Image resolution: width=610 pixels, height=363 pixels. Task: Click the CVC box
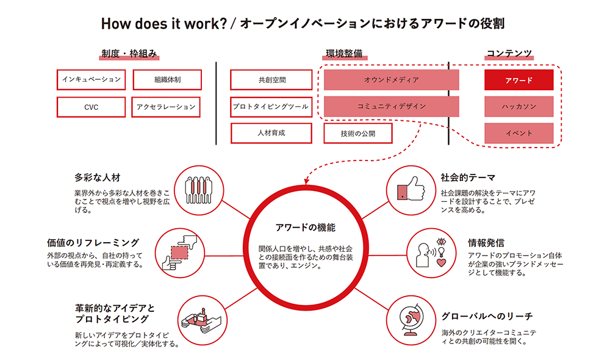coord(91,107)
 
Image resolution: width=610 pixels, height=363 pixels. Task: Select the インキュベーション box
coord(91,80)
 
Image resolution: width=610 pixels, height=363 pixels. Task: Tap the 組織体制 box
coord(167,80)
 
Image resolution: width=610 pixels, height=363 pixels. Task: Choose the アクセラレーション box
coord(166,107)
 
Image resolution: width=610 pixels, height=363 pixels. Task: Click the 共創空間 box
coord(271,80)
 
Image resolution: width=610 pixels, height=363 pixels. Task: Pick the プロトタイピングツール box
coord(271,107)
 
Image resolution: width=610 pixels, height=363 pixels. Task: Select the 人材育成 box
coord(271,133)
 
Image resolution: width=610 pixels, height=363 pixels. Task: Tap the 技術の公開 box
coord(358,134)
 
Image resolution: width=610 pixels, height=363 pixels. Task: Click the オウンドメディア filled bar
coord(392,80)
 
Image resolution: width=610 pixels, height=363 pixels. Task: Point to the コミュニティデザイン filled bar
coord(392,107)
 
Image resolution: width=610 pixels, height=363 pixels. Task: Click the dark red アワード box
coord(519,80)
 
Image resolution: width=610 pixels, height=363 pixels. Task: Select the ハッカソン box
coord(519,107)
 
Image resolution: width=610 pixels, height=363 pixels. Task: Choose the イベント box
coord(519,133)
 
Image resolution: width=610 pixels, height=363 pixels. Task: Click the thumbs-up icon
coord(411,189)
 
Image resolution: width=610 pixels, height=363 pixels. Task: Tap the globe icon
coord(411,320)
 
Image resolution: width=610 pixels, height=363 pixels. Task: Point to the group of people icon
coord(199,190)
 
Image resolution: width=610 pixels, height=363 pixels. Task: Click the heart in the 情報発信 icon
coord(441,262)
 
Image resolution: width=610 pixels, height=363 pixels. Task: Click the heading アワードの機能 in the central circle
coord(306,228)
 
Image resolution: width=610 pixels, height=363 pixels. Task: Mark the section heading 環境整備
coord(344,53)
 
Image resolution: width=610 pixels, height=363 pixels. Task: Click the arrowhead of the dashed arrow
coord(307,181)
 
